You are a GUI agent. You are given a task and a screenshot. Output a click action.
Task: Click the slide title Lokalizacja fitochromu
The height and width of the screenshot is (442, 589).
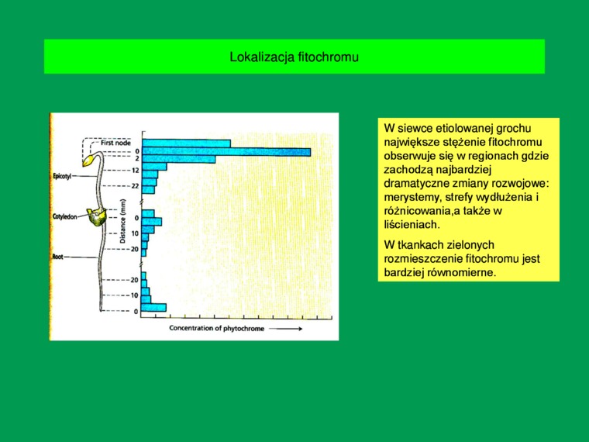pos(294,57)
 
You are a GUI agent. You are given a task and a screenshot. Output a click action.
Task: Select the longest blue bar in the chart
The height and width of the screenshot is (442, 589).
pos(226,152)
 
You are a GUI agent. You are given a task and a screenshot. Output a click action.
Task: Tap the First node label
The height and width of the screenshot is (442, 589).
pos(115,143)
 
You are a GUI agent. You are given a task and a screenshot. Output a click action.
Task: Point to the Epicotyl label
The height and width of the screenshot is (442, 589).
pos(62,176)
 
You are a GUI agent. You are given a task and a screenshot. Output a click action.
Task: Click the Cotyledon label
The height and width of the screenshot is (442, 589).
pos(65,216)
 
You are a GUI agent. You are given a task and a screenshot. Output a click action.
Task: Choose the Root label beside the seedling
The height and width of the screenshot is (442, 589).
pos(58,257)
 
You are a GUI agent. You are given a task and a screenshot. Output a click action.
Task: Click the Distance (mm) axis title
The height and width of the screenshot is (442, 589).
pos(122,221)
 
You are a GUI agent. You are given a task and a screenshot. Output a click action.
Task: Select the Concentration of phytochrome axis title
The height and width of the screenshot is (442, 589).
pos(217,328)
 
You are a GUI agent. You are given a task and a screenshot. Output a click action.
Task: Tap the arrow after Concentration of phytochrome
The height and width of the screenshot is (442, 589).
pos(286,329)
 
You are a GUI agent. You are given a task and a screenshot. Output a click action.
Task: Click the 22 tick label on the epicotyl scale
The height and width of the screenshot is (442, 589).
pos(135,186)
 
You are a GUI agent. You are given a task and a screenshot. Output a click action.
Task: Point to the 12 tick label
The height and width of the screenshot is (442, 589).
pos(135,171)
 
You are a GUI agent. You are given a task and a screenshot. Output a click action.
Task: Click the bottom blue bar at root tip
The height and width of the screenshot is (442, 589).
pos(154,307)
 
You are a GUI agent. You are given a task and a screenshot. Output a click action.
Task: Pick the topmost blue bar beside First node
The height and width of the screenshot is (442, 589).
pos(186,143)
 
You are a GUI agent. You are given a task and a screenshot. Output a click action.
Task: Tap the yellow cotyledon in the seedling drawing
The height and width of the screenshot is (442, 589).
pos(97,217)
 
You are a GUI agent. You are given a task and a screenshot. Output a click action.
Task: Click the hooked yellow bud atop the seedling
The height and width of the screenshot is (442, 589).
pos(88,160)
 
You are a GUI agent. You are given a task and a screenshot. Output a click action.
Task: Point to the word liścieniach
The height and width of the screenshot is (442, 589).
pos(412,225)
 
